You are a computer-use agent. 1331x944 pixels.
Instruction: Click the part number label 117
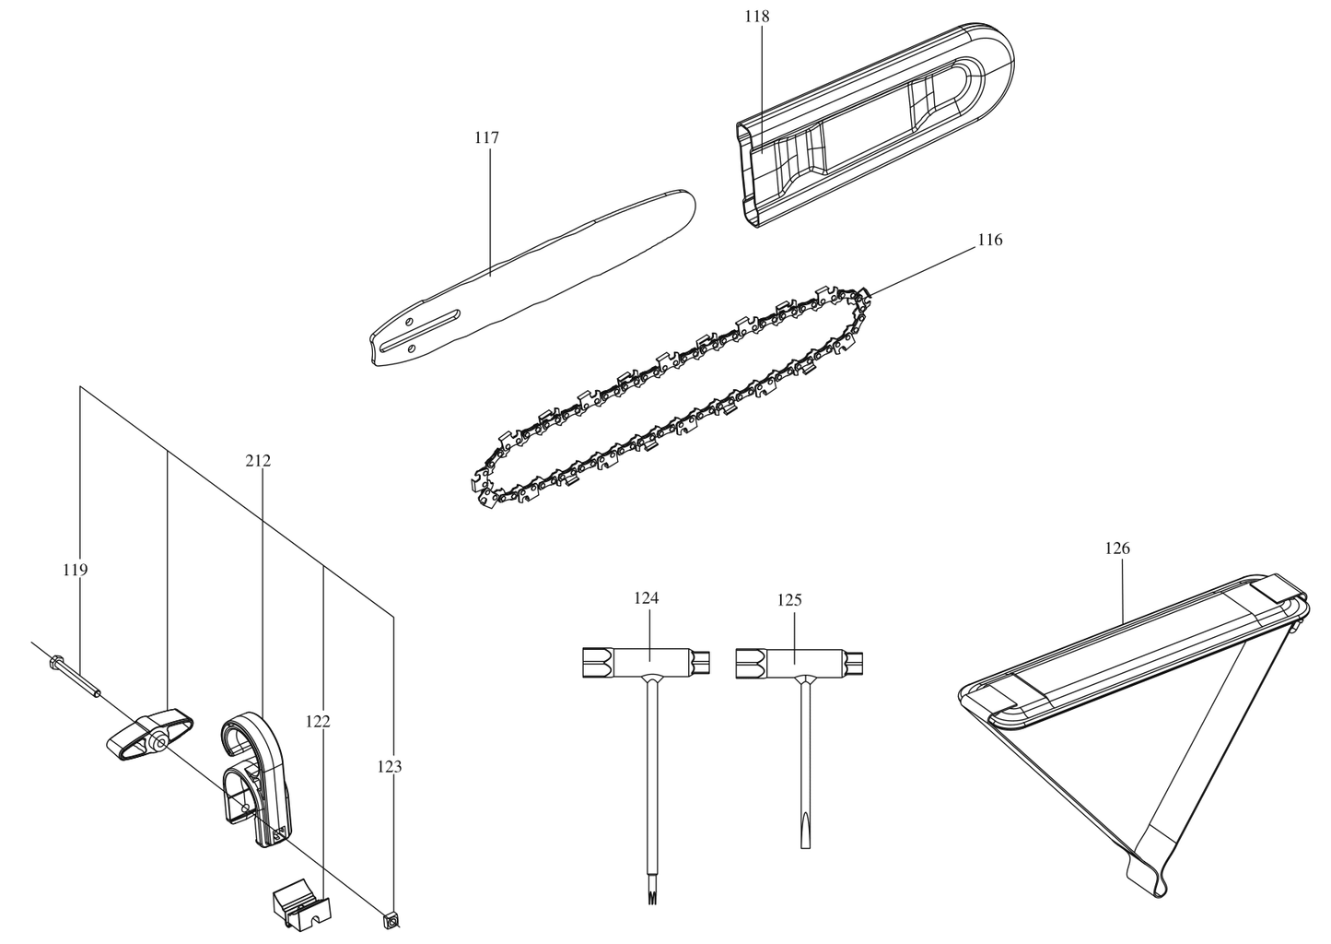tap(486, 138)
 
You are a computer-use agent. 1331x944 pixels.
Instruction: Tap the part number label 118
tap(759, 17)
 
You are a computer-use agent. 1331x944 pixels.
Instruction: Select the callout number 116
tap(989, 241)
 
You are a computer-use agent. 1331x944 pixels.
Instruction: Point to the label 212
tap(259, 460)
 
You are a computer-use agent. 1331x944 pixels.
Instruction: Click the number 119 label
tap(76, 571)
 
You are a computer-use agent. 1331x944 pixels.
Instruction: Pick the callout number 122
tap(318, 721)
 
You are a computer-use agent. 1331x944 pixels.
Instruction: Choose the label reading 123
tap(390, 765)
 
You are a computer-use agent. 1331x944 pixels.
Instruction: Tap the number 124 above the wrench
tap(647, 598)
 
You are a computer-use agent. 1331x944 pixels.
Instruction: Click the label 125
tap(789, 600)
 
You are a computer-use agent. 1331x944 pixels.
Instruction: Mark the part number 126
tap(1117, 549)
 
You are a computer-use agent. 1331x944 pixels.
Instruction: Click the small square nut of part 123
tap(391, 918)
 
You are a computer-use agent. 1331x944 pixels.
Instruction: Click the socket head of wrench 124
tap(594, 661)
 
